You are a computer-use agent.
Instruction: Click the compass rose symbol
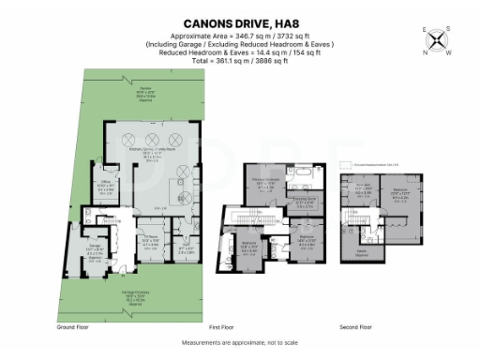click(x=436, y=40)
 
